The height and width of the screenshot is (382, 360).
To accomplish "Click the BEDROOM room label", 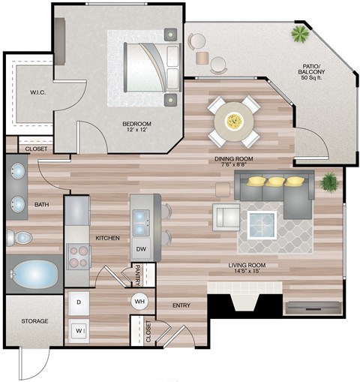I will (137, 123).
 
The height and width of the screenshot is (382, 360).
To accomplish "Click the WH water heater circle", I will (139, 301).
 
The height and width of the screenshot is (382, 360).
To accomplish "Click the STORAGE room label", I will (34, 321).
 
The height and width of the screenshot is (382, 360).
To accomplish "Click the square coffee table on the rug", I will (262, 224).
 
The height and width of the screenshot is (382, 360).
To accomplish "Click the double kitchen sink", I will (142, 218).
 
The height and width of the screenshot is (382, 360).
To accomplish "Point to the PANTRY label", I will (139, 275).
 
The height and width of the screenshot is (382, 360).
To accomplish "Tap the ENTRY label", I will (181, 305).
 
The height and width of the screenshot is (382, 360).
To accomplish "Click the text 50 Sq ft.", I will (315, 78).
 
